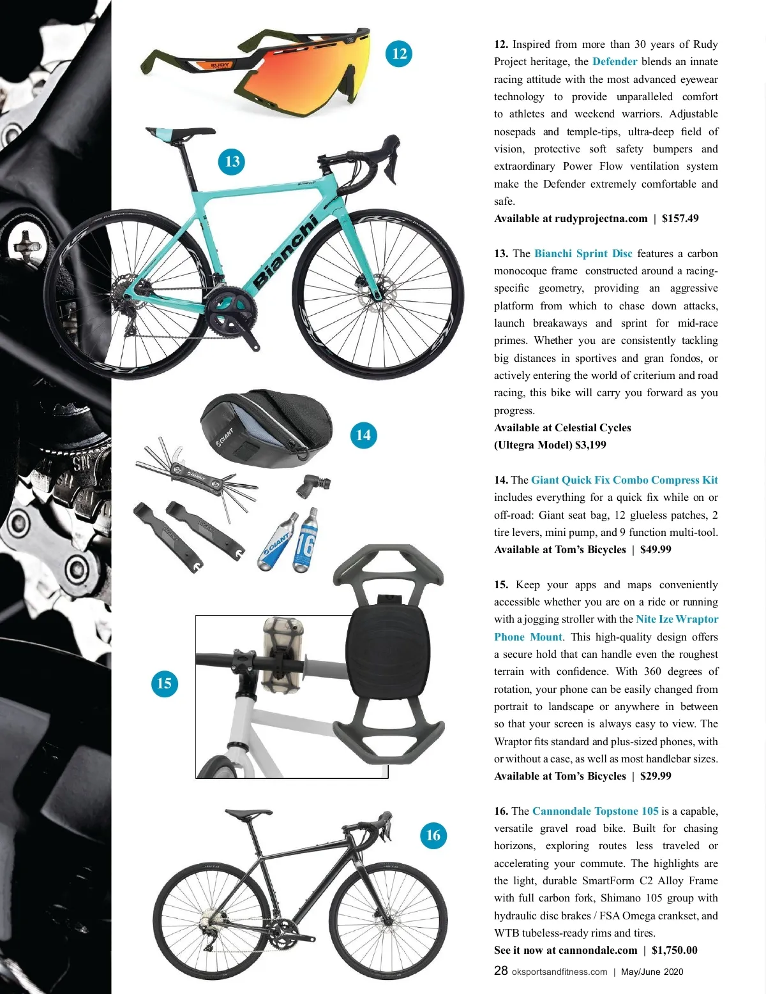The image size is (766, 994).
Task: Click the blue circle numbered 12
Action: tap(399, 54)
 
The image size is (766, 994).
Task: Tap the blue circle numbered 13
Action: tap(232, 161)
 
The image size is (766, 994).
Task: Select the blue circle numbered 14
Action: tap(363, 435)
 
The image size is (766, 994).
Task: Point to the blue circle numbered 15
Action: tap(164, 683)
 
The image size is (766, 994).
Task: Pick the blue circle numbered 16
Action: tap(433, 835)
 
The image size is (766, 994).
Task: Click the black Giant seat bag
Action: tap(255, 424)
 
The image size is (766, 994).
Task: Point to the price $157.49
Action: tap(680, 219)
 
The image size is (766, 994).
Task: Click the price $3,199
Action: tap(590, 445)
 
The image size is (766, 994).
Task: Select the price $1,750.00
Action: tap(674, 951)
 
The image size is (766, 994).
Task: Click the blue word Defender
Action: tap(615, 62)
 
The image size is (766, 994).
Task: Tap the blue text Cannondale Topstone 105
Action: tap(595, 812)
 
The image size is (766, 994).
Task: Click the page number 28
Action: tap(501, 971)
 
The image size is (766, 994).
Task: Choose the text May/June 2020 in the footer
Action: tap(652, 972)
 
